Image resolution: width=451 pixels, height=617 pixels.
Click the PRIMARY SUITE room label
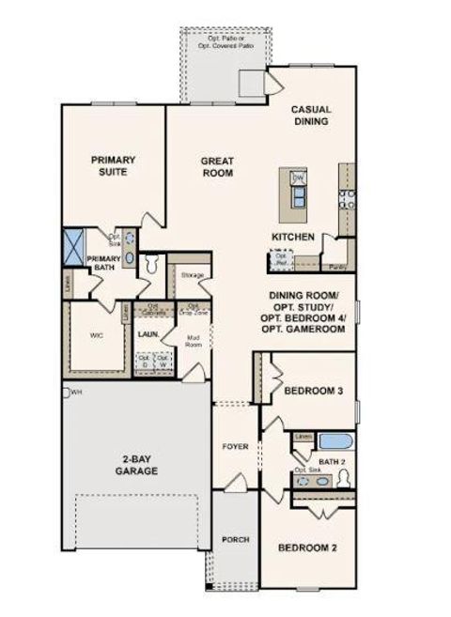point(114,166)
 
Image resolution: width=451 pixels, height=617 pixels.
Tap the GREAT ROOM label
point(217,167)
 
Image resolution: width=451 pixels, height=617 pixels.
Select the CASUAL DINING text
point(310,116)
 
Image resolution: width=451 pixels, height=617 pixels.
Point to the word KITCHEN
point(292,237)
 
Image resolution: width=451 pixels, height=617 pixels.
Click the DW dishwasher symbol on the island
point(298,178)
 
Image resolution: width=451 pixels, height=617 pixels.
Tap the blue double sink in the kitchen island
point(299,195)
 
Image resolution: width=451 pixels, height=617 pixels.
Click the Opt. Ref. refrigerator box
point(279,259)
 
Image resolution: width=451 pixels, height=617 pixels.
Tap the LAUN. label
point(146,333)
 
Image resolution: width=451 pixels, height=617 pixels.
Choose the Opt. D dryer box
point(145,361)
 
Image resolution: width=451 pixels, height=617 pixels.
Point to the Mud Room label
point(194,342)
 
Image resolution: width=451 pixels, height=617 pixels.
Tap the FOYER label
point(235,446)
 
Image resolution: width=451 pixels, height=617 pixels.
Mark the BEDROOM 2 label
point(307,547)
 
